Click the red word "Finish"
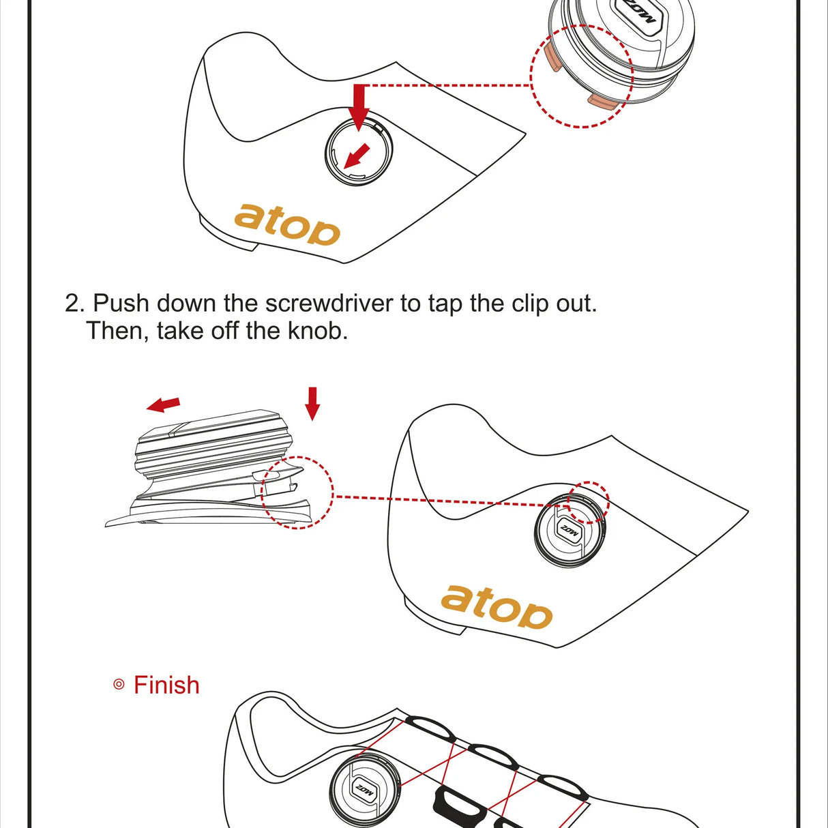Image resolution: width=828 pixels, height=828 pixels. pyautogui.click(x=166, y=685)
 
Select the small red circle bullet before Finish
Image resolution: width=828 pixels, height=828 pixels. pyautogui.click(x=119, y=685)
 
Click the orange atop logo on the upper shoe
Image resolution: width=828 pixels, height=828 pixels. pyautogui.click(x=287, y=225)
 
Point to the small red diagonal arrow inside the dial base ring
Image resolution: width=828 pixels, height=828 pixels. pyautogui.click(x=357, y=156)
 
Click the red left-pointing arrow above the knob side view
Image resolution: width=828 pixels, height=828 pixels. pyautogui.click(x=163, y=404)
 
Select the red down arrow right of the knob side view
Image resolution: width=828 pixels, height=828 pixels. pyautogui.click(x=313, y=404)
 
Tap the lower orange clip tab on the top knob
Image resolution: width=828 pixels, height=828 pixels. pyautogui.click(x=603, y=100)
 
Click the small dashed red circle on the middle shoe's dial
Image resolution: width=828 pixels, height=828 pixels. pyautogui.click(x=588, y=502)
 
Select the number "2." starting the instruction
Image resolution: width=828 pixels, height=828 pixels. pyautogui.click(x=76, y=304)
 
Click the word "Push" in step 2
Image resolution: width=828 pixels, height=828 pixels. pyautogui.click(x=121, y=304)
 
